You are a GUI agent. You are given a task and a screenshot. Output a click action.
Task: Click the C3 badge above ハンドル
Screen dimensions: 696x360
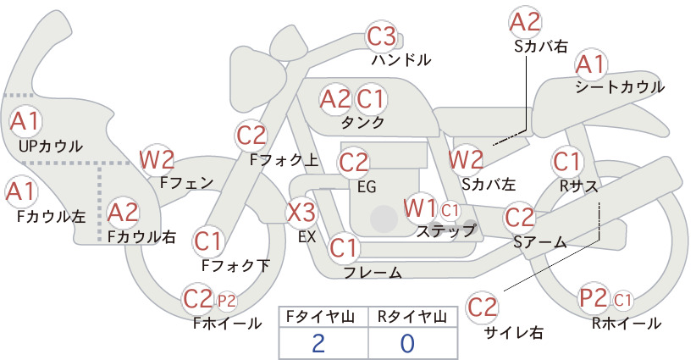click(381, 36)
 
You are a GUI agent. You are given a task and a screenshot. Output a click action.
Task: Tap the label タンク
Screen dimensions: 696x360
click(362, 122)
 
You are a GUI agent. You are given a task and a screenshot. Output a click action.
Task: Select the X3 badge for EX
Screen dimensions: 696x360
click(301, 213)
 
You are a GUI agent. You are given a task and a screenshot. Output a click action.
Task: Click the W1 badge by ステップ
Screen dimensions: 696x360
click(420, 208)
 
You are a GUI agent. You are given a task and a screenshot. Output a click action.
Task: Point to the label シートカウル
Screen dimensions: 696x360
click(620, 87)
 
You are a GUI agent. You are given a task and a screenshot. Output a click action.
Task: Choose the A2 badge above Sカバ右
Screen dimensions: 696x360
click(525, 23)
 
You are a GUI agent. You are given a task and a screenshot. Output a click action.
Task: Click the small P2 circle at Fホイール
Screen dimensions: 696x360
click(227, 302)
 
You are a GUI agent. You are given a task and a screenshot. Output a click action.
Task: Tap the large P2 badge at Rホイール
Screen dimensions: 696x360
click(594, 298)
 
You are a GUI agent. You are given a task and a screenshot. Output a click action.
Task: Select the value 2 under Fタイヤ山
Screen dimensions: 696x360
click(318, 343)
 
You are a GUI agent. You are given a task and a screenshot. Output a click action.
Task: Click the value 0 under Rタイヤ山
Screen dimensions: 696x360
click(407, 343)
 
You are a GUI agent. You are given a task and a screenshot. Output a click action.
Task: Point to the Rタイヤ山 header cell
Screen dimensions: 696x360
click(412, 318)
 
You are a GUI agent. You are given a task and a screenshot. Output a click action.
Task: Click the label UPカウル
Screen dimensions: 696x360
click(51, 146)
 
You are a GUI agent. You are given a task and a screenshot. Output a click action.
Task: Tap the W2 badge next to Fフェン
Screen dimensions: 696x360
click(157, 160)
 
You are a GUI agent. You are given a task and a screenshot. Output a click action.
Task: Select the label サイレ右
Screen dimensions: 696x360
click(514, 333)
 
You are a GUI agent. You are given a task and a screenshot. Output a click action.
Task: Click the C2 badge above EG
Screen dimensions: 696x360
click(354, 163)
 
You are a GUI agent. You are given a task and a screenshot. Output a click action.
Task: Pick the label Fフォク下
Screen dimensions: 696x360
click(235, 265)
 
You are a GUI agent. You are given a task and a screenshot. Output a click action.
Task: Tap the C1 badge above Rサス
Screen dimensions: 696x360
click(566, 162)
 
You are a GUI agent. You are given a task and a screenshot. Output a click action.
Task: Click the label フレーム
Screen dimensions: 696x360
click(373, 273)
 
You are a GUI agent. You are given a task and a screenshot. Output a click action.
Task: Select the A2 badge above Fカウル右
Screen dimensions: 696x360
click(123, 213)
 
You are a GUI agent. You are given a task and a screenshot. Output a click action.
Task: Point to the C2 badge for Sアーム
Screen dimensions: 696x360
click(519, 217)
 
